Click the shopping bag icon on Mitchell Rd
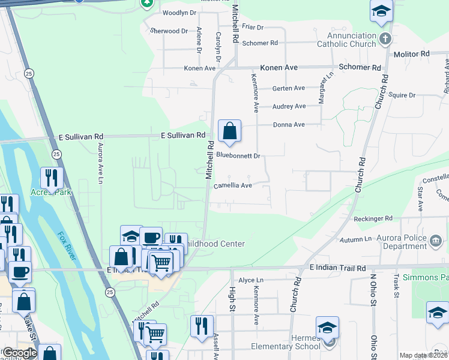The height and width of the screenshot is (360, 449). click(229, 131)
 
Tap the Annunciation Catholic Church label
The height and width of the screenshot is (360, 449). click(346, 40)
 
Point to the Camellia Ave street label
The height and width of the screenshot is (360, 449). click(233, 186)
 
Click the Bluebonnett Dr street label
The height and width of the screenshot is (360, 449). click(238, 155)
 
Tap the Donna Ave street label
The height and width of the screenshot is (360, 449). click(289, 125)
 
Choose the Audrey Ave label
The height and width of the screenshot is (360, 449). click(289, 106)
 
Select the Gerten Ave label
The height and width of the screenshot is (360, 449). click(289, 88)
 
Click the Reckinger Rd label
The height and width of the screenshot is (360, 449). click(372, 218)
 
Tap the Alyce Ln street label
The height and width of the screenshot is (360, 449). click(251, 280)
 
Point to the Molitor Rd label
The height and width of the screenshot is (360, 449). click(411, 54)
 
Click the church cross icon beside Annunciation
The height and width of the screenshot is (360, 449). click(385, 40)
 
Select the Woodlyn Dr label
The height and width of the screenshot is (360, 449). click(179, 13)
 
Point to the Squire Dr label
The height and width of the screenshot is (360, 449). click(402, 95)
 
